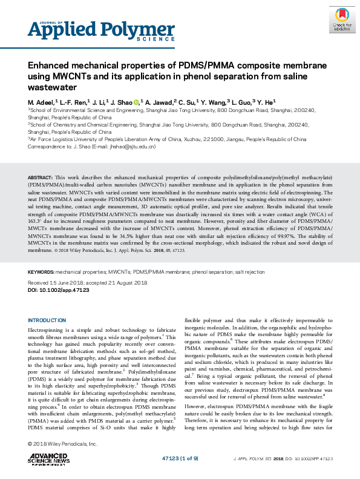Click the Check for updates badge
point(342,20)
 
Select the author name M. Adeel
point(41,102)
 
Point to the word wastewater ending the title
point(50,87)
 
